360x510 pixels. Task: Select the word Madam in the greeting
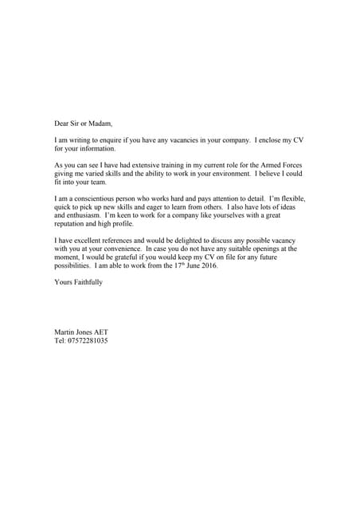pos(101,124)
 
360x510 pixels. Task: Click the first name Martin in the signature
pos(65,331)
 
